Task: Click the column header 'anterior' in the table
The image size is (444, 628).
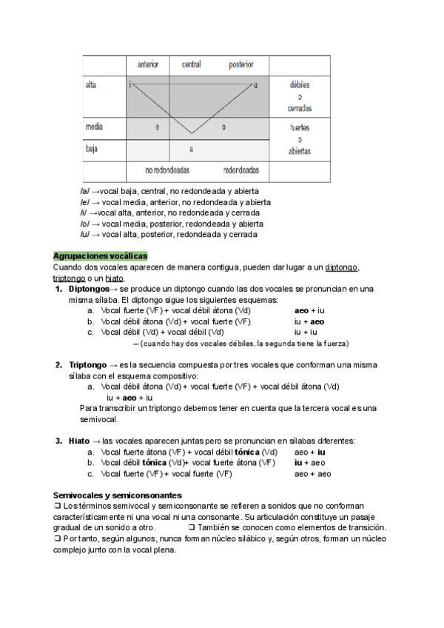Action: pos(148,65)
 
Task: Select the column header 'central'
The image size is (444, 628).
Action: pos(191,65)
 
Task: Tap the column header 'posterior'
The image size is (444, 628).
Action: pos(241,65)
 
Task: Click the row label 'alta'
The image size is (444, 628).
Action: pos(91,85)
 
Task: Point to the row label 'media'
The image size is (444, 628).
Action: pos(94,127)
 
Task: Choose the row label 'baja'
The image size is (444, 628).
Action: pos(92,148)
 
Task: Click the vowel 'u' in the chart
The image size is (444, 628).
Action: pos(256,85)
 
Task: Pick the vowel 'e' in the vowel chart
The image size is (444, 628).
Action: pos(157,127)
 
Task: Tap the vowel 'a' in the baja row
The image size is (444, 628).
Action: pos(191,149)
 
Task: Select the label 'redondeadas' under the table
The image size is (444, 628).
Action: pos(241,170)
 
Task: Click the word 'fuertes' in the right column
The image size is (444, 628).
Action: pos(299,127)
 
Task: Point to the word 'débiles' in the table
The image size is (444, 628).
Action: pos(299,85)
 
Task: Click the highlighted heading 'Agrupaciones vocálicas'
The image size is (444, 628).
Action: pos(101,255)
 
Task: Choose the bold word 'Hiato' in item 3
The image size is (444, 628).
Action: pos(79,441)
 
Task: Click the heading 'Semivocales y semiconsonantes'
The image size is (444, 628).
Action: pos(118,495)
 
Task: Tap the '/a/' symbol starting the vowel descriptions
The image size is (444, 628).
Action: pos(84,191)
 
